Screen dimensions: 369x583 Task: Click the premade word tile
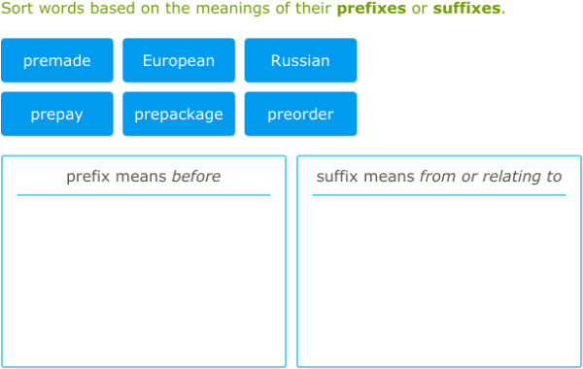click(x=57, y=60)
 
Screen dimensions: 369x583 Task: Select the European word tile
click(x=179, y=60)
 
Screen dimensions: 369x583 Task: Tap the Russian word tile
click(x=300, y=60)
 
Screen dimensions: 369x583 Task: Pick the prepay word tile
click(x=57, y=114)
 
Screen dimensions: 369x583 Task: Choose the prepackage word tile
click(x=179, y=114)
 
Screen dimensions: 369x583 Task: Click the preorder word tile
click(x=300, y=114)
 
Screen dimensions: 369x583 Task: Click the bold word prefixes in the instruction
click(x=371, y=9)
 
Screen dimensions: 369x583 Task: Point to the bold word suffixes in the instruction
click(x=466, y=9)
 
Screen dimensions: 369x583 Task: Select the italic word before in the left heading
click(x=196, y=177)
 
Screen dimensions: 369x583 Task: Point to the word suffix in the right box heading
click(x=338, y=177)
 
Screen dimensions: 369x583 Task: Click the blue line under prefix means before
click(x=144, y=195)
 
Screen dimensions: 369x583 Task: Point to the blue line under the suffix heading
click(x=438, y=195)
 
